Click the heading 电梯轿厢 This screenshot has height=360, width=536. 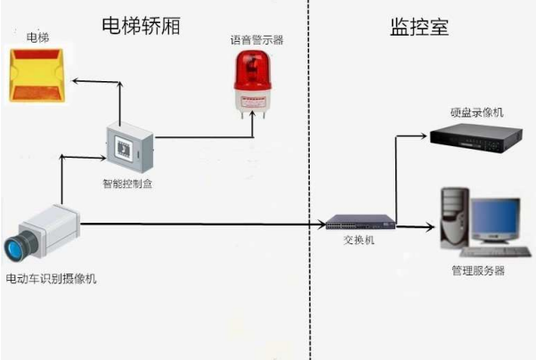143,26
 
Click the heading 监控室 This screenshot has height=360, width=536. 418,27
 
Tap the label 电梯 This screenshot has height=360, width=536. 37,38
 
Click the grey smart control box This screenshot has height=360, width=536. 130,147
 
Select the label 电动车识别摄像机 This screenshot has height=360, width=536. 51,280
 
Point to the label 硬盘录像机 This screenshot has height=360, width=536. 477,111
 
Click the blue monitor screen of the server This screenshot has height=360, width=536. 496,219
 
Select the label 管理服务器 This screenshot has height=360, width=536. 478,270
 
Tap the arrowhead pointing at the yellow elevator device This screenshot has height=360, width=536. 76,81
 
